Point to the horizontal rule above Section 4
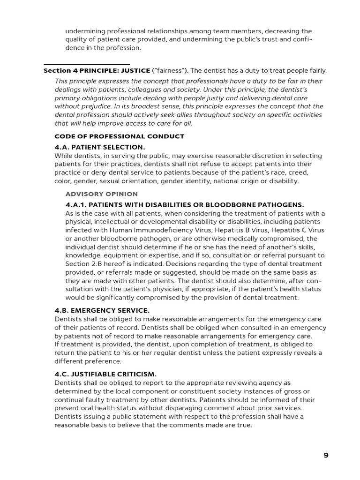point(87,64)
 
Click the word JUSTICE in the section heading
point(135,71)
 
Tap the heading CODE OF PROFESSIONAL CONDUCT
point(120,136)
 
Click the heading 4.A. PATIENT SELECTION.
point(100,147)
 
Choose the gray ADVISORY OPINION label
point(102,194)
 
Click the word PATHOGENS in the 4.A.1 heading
point(280,205)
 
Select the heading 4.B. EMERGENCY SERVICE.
point(102,310)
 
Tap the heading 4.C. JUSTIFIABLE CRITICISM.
point(105,374)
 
